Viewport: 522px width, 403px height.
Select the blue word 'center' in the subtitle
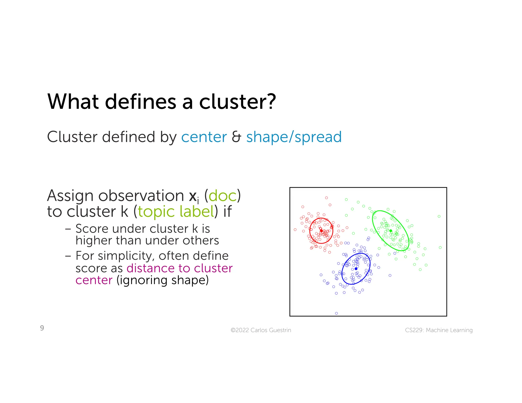point(204,137)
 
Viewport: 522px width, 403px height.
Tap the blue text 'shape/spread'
point(294,137)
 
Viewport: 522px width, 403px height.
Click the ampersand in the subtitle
point(236,137)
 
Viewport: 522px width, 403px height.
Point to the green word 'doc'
point(223,196)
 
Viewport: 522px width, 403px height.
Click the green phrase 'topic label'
point(176,212)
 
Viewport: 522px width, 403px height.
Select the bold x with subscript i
point(193,196)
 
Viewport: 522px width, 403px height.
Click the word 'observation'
point(141,196)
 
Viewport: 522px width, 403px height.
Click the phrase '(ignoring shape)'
point(162,280)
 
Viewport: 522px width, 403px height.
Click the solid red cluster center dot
point(321,231)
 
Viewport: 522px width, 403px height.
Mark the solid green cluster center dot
point(390,231)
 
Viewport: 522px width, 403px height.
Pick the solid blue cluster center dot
point(356,269)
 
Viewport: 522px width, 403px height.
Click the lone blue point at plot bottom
point(336,313)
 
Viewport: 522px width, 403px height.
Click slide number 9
point(42,328)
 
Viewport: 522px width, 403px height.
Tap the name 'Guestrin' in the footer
point(280,330)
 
